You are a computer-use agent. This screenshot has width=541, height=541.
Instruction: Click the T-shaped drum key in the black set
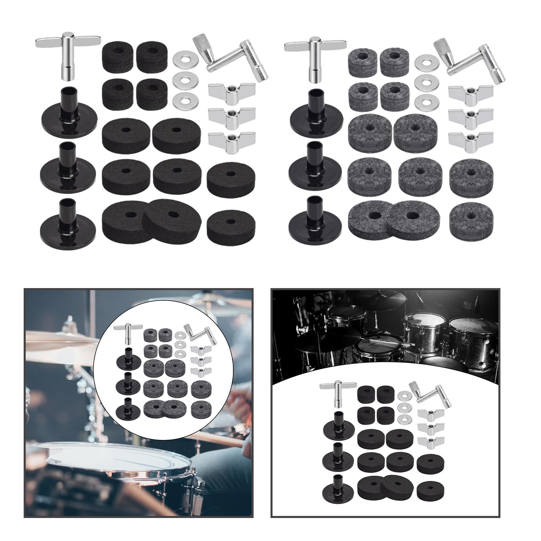68,54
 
